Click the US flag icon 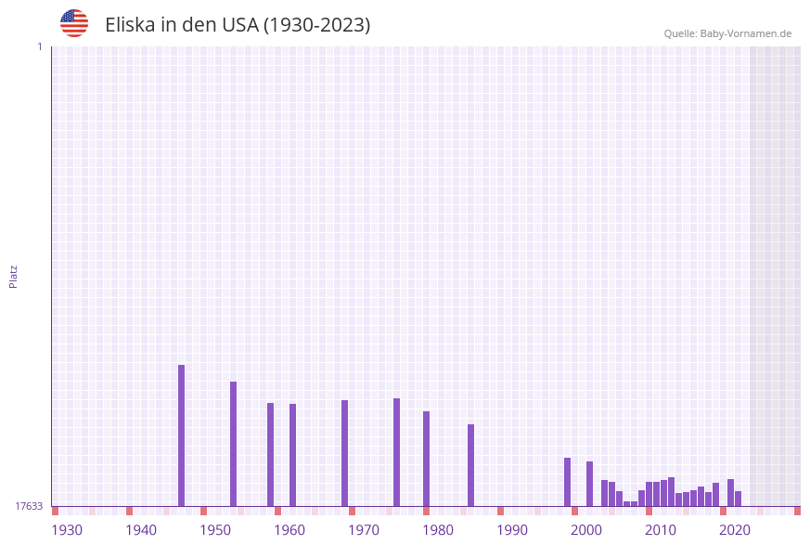[74, 23]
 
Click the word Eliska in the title [130, 25]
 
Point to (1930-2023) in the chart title [316, 25]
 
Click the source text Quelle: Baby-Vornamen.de [727, 33]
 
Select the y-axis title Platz [14, 276]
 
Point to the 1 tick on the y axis [39, 46]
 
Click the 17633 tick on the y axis [29, 506]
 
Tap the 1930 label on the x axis [67, 530]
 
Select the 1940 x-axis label [141, 530]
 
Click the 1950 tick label [215, 530]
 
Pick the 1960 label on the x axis [289, 530]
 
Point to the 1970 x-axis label [364, 530]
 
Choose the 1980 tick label [438, 530]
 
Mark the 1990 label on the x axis [512, 530]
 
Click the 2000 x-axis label [586, 530]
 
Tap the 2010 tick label [661, 530]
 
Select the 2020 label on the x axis [735, 530]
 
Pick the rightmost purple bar [739, 499]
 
